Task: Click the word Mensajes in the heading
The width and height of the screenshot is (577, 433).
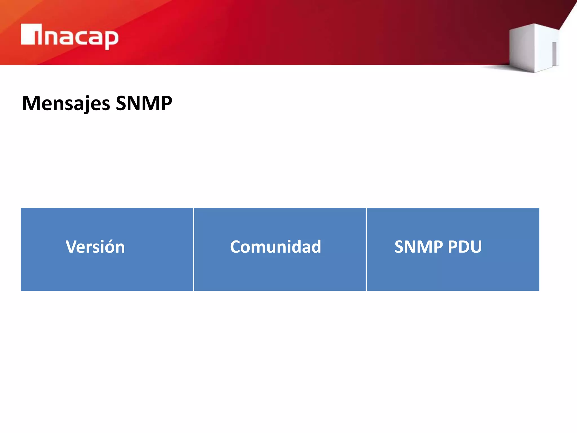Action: point(66,103)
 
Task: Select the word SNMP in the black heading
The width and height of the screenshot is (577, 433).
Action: point(144,103)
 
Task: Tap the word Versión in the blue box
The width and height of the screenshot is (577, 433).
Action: point(95,247)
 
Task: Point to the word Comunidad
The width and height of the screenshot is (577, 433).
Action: point(276,247)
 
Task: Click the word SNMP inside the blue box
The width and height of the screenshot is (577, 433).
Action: point(419,247)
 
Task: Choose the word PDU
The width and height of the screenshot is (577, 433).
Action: point(465,247)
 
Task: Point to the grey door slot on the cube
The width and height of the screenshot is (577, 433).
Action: point(554,54)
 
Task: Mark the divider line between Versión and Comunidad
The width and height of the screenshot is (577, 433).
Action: point(194,249)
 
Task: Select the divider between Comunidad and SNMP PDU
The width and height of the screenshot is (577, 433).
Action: point(367,249)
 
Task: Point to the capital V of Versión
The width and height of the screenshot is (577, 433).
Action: point(72,247)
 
